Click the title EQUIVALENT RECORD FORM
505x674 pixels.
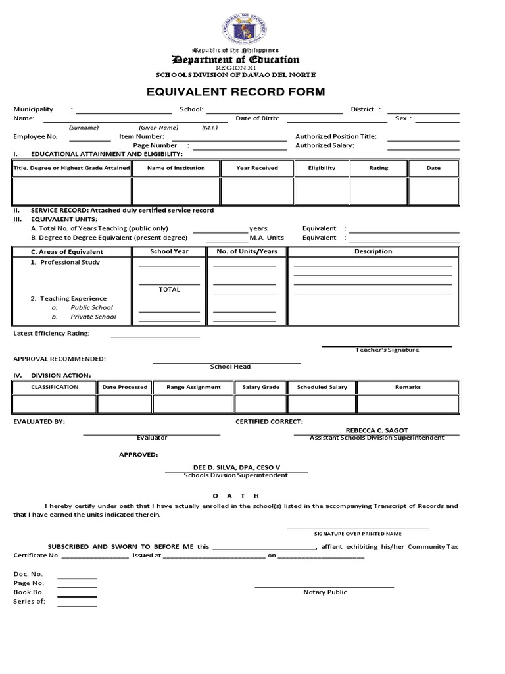click(235, 91)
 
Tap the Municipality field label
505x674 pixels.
click(34, 109)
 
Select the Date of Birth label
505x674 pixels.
click(257, 118)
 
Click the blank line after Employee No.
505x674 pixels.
click(90, 137)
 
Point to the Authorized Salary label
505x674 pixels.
click(324, 145)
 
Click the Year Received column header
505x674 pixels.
click(257, 168)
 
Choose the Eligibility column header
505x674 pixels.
click(322, 168)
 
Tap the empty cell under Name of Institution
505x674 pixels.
click(176, 191)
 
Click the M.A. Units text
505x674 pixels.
click(266, 238)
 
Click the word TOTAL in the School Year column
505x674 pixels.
click(169, 290)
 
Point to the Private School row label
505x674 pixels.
click(93, 317)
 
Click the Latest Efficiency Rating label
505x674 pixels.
click(51, 333)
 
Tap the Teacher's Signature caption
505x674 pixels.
click(387, 350)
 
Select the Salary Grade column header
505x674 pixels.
click(261, 387)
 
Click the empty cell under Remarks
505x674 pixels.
click(408, 403)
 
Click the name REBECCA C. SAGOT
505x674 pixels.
click(377, 430)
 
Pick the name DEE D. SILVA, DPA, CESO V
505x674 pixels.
click(235, 467)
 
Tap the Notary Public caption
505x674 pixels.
click(325, 592)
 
